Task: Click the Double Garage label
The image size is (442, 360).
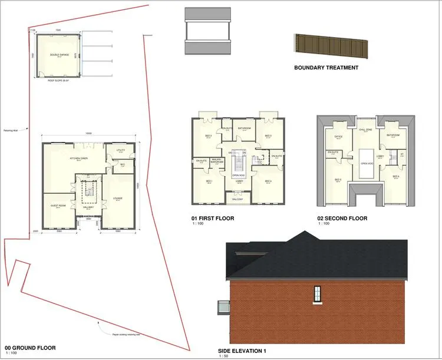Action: click(x=58, y=55)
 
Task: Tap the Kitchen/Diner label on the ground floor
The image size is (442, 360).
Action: click(x=78, y=158)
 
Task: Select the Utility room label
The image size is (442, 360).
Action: click(x=120, y=151)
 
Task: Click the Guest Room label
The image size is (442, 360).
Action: click(x=57, y=205)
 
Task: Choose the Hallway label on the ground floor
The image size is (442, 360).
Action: click(x=88, y=207)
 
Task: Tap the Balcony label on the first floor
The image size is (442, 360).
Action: click(x=238, y=200)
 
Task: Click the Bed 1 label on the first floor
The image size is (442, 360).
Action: click(x=209, y=181)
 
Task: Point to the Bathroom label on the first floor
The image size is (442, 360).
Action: click(x=245, y=128)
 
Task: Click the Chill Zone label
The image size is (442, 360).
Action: click(x=365, y=129)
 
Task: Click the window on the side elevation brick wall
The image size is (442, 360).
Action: click(x=317, y=293)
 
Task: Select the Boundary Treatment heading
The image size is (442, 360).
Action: click(x=326, y=68)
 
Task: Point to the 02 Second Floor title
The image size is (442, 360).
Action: click(x=342, y=219)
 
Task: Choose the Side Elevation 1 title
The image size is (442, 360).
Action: click(x=242, y=351)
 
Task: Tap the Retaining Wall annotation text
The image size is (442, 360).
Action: click(x=12, y=130)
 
